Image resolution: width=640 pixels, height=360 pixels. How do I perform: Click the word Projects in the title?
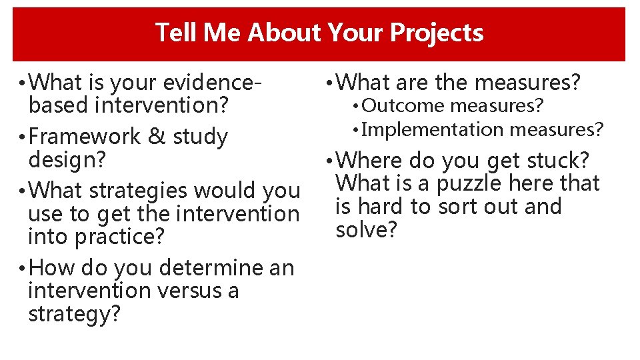click(437, 33)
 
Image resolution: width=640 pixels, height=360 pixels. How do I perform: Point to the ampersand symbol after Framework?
click(157, 137)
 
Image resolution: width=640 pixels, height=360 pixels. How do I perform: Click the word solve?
click(366, 230)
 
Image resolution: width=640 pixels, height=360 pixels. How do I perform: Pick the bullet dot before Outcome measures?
click(357, 106)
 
